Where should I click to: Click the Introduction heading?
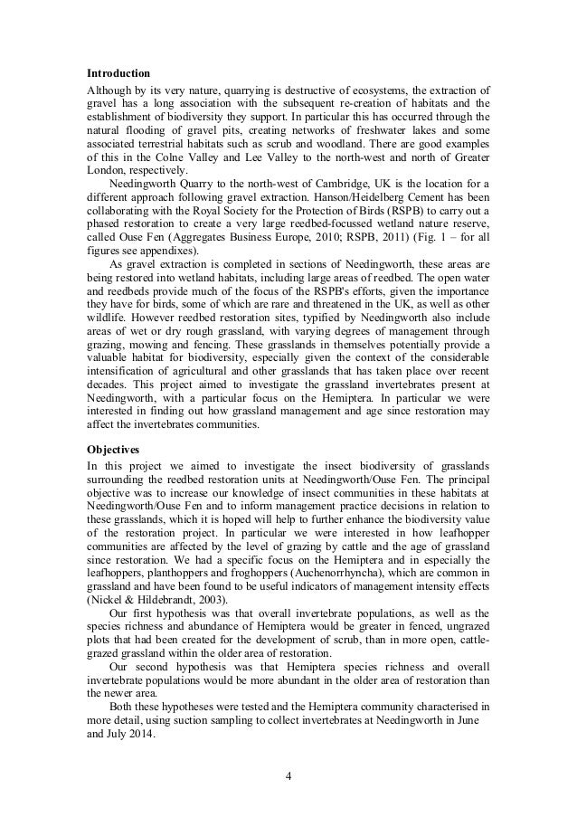coord(118,72)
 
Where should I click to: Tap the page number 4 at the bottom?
coord(288,775)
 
